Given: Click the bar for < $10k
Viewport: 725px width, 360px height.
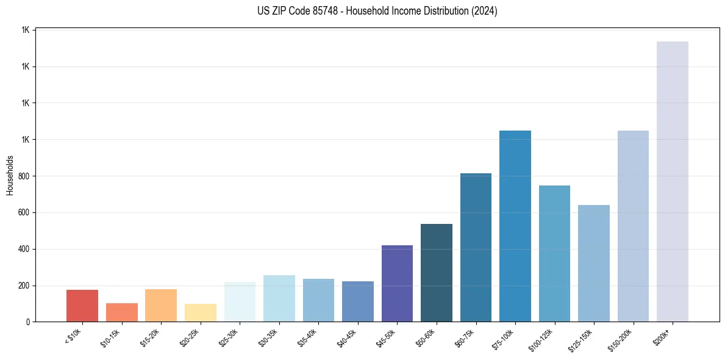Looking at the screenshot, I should (x=82, y=306).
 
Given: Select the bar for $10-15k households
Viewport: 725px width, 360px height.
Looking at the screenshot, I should (x=121, y=312).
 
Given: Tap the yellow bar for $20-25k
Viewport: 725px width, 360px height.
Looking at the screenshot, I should (x=200, y=312).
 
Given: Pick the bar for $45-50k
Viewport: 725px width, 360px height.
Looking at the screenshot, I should (x=397, y=283).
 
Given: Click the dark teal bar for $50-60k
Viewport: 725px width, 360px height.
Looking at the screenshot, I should (x=437, y=273).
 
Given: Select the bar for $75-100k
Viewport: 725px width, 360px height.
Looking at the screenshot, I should (x=515, y=226).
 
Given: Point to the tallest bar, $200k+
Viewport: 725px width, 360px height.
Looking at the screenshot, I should (x=673, y=181).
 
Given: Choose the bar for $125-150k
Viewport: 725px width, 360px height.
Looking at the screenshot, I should (x=594, y=263).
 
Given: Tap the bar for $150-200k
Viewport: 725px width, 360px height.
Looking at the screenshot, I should (x=633, y=226).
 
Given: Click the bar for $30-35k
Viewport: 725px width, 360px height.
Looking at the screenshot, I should (x=279, y=298).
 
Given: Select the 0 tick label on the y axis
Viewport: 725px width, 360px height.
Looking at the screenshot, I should (x=28, y=322).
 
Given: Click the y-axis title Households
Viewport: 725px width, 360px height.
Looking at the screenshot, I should (x=10, y=175).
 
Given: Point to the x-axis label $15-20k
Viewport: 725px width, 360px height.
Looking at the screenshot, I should (x=150, y=336).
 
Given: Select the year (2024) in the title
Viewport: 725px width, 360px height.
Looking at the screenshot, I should (x=484, y=11).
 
